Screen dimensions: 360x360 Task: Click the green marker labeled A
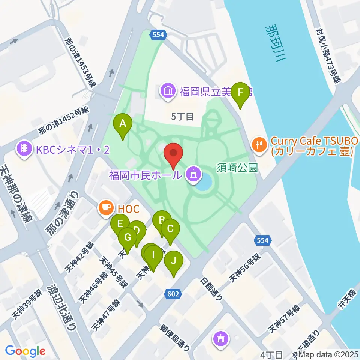(x=122, y=123)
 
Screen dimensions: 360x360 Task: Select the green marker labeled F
(x=240, y=92)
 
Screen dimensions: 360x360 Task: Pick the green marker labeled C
(x=170, y=229)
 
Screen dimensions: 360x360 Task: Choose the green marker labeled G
(x=127, y=238)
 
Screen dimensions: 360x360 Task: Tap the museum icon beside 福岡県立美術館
(x=168, y=91)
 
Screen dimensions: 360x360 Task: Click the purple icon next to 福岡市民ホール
(x=193, y=174)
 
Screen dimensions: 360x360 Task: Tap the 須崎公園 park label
(x=237, y=167)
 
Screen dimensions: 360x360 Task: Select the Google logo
(x=25, y=351)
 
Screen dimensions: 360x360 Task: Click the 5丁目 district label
(x=182, y=117)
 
